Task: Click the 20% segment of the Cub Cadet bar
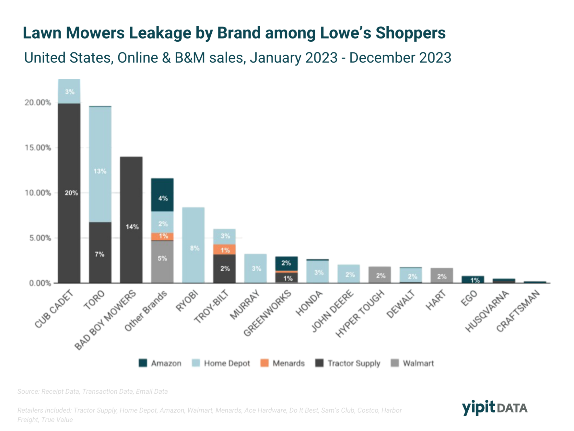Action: [69, 193]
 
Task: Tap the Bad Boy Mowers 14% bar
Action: [131, 220]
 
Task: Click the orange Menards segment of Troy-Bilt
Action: [224, 249]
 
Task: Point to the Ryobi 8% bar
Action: [193, 245]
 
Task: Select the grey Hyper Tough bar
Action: [380, 275]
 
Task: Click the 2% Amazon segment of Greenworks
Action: [286, 263]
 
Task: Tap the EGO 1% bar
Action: [473, 280]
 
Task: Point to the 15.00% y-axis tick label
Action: [38, 148]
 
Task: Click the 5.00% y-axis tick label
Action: [40, 238]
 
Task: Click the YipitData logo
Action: [494, 407]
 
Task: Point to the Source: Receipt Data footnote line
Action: [92, 391]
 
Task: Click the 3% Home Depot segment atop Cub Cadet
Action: [69, 91]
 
